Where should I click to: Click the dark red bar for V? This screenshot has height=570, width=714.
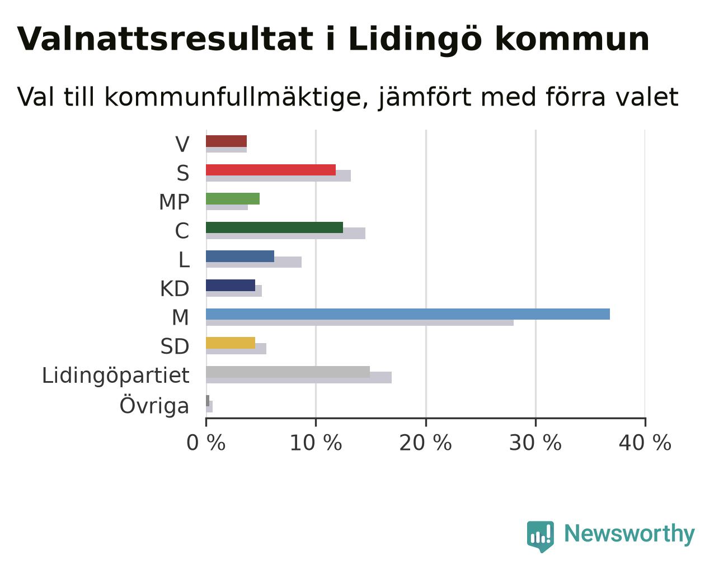(226, 141)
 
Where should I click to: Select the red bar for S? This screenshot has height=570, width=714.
(271, 170)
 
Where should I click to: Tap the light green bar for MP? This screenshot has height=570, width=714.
(233, 199)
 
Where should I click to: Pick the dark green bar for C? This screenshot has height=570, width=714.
(274, 227)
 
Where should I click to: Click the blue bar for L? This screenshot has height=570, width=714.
(240, 256)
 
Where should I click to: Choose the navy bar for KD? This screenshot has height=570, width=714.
(231, 286)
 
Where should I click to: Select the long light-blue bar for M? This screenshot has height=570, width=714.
(408, 314)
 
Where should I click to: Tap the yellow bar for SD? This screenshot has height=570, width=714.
(231, 343)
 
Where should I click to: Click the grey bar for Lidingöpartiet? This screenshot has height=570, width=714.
(288, 372)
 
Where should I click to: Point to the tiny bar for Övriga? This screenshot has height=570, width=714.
(208, 401)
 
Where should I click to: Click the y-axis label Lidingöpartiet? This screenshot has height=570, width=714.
(115, 376)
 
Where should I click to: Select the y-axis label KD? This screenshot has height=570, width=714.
(175, 289)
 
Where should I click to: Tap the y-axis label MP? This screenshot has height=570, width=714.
(174, 202)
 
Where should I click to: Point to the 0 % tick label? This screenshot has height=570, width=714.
(206, 443)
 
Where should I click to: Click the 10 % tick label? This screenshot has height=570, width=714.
(316, 443)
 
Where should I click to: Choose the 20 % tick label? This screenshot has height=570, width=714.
(426, 443)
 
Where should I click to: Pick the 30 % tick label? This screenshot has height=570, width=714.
(535, 443)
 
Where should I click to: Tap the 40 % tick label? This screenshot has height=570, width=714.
(645, 443)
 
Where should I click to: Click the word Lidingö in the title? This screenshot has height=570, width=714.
(415, 40)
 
